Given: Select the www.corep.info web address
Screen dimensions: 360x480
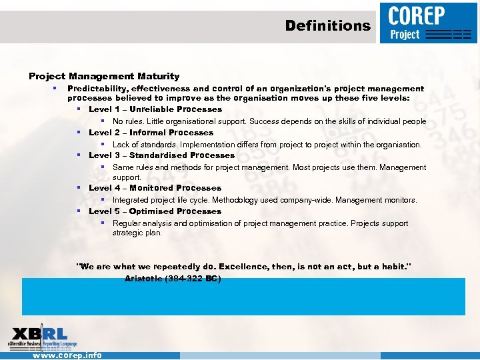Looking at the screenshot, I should coord(67,355).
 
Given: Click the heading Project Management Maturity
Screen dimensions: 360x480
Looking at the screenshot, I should coord(104,77).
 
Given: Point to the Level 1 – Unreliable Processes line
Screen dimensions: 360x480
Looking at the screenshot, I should coord(155,109).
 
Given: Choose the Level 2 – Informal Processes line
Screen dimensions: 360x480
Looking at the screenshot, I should coord(151,133).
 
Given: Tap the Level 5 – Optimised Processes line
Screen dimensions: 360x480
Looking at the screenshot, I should coord(155,211).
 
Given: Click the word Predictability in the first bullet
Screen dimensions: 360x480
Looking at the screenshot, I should coord(98,89).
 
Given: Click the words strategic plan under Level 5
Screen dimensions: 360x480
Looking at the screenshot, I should coord(137,233).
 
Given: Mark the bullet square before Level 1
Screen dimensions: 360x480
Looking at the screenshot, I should coord(79,109).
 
